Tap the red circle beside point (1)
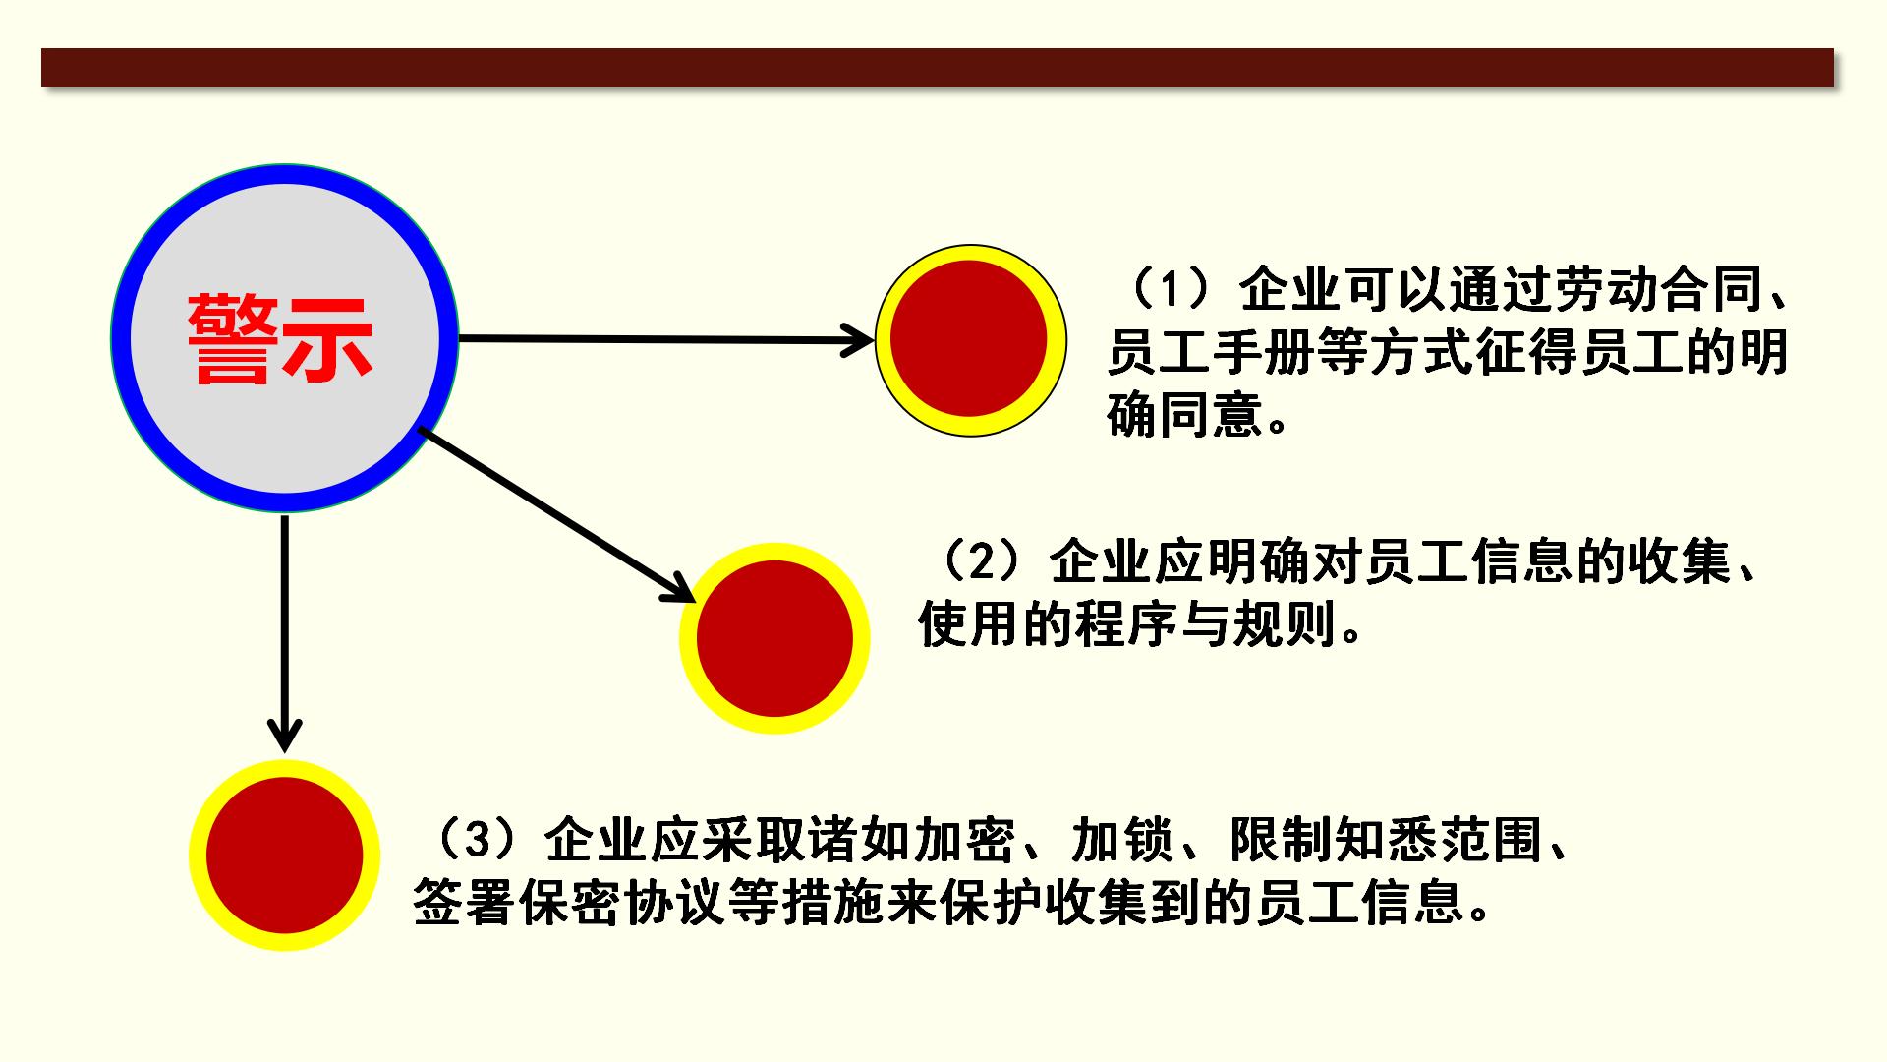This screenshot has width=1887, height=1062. coord(970,339)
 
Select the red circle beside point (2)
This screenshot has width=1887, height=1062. coord(774,637)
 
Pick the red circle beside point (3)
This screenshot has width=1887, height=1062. coord(285,855)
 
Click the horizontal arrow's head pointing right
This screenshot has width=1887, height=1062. coord(859,341)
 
